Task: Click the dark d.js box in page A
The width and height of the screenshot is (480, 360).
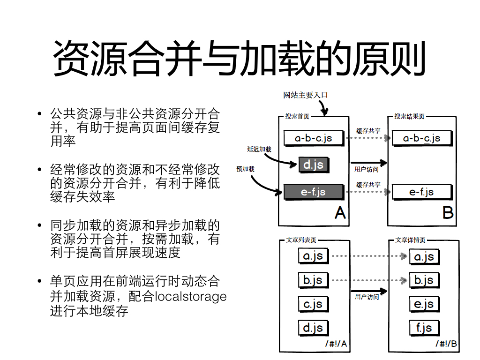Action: tap(314, 165)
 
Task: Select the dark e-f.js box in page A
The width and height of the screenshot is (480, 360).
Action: tap(314, 192)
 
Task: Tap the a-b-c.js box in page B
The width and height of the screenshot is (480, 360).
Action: tap(422, 138)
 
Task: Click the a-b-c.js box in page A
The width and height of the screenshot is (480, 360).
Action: tap(314, 138)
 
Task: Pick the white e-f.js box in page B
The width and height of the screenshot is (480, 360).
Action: tap(422, 192)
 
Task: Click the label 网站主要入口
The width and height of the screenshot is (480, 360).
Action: tap(306, 95)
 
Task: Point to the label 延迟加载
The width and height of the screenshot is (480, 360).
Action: tap(259, 149)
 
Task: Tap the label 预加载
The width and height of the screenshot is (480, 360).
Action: tap(245, 169)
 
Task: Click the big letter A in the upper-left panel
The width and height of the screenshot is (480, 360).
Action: tap(340, 212)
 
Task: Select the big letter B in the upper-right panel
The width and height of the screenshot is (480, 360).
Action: tap(448, 212)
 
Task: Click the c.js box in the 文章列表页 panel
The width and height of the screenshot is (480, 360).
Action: tap(313, 304)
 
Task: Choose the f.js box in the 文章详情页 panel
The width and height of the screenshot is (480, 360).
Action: tap(424, 328)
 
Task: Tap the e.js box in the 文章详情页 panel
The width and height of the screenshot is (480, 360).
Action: tap(424, 304)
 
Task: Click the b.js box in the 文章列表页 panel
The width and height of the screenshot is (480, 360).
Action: tap(313, 280)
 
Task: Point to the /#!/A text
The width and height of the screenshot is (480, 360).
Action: tap(336, 344)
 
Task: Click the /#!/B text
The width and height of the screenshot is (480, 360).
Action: tap(446, 344)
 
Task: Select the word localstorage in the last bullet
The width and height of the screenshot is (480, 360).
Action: tap(191, 296)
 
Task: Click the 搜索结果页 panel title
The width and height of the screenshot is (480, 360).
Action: tap(409, 116)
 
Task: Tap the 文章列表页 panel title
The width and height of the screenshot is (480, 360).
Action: tap(301, 240)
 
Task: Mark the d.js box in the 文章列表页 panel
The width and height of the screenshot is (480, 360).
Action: tap(313, 328)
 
